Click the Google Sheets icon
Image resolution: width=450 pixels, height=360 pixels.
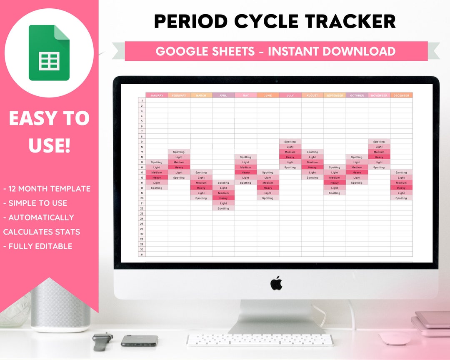[49, 53]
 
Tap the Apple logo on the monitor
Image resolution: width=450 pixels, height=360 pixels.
[276, 283]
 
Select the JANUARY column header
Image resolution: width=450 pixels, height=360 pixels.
[157, 95]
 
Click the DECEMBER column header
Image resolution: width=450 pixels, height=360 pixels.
[401, 95]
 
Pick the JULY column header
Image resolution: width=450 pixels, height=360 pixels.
[290, 95]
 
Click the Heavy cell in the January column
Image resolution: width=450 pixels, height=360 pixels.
[157, 177]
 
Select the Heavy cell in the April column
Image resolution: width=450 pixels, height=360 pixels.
[223, 198]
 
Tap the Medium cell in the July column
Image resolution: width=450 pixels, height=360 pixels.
[290, 152]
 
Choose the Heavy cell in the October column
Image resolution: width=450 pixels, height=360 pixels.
[357, 172]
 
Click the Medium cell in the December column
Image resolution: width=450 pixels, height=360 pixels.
[401, 182]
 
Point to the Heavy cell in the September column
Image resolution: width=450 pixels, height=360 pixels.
[335, 182]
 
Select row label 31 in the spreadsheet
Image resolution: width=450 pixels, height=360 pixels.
[142, 254]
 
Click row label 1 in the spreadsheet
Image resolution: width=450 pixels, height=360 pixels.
[142, 100]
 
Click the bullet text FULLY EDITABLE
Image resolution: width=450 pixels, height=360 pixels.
[40, 246]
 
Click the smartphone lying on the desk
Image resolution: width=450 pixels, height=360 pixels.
[140, 340]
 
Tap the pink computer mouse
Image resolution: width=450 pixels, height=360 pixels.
[395, 338]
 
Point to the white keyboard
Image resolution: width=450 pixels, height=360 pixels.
[260, 340]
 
